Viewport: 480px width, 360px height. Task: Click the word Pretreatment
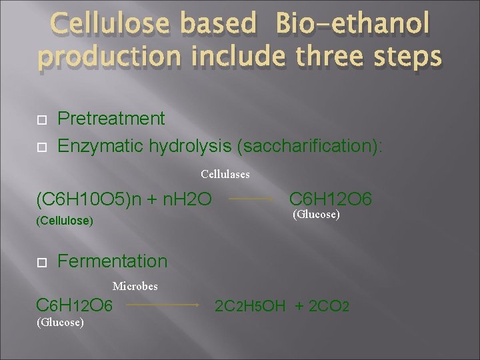111,119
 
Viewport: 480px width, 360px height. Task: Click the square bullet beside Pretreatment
40,120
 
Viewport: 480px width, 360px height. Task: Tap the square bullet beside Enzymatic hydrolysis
40,146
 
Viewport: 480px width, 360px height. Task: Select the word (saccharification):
294,145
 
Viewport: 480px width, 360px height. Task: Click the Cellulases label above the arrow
225,175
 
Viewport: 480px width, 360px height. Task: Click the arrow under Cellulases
252,199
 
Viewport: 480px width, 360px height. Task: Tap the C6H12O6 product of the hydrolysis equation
331,198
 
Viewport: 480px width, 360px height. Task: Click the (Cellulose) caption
65,220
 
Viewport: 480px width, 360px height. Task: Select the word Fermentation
113,261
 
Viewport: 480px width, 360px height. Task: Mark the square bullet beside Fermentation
40,262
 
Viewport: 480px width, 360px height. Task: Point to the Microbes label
135,287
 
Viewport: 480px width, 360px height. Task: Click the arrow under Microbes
163,305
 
